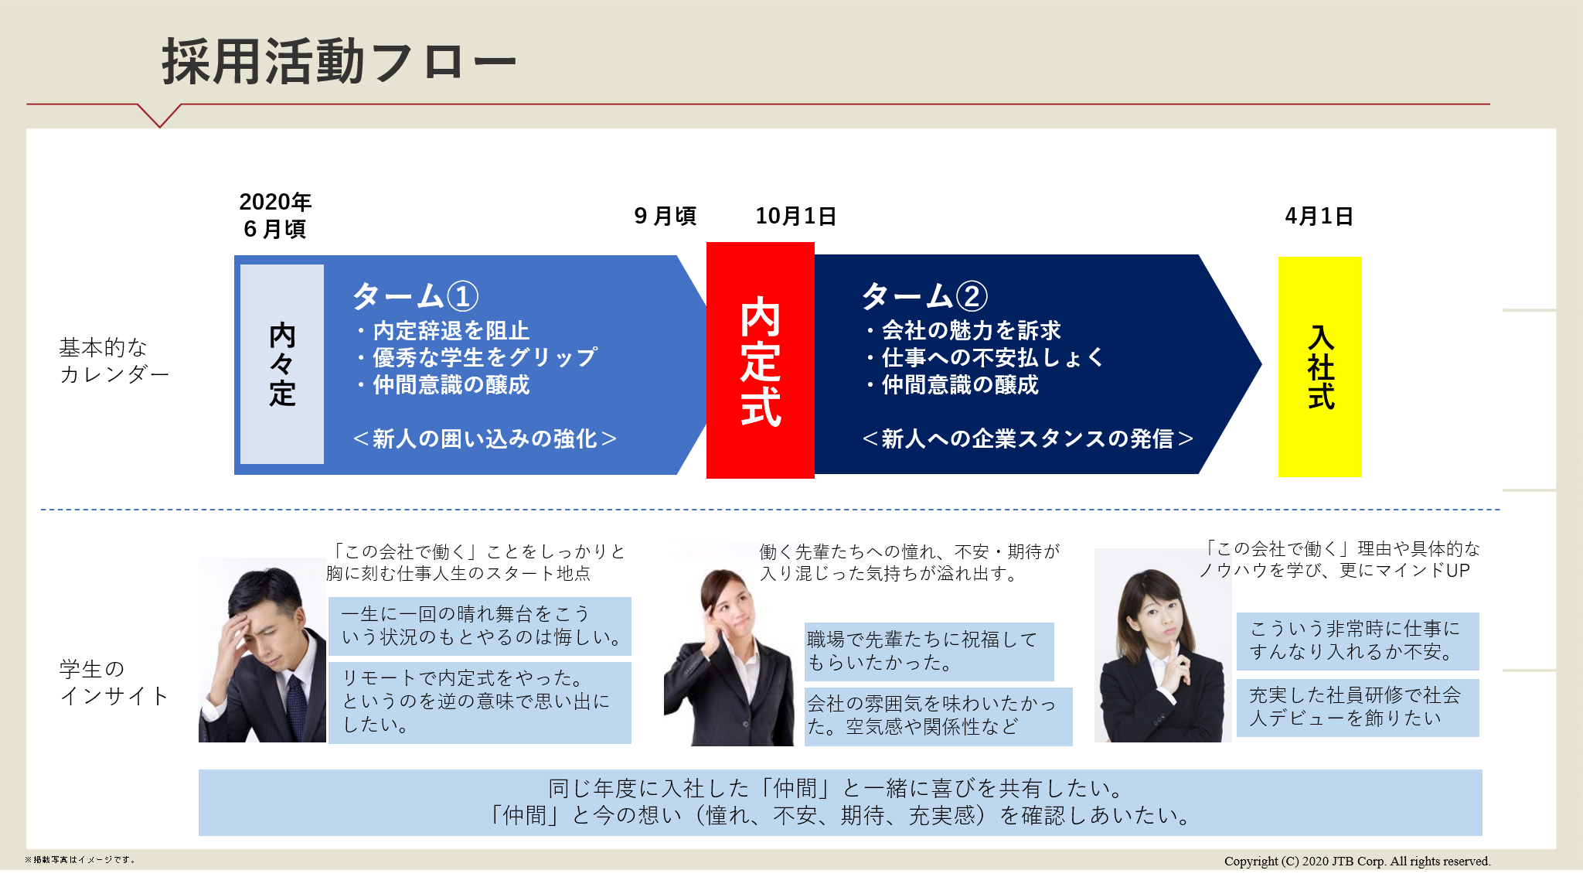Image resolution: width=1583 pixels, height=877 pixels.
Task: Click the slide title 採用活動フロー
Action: [x=339, y=62]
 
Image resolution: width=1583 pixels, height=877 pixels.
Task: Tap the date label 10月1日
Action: [x=795, y=217]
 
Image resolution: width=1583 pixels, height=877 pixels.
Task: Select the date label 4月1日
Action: [x=1319, y=217]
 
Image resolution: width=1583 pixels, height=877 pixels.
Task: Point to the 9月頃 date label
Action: [x=665, y=217]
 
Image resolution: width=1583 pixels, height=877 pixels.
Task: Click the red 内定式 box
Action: [x=761, y=360]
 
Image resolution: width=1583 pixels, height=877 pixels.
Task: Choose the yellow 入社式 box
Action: [x=1320, y=367]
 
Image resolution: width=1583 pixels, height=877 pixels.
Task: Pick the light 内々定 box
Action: [x=282, y=364]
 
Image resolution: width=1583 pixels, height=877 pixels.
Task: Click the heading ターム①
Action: [x=416, y=296]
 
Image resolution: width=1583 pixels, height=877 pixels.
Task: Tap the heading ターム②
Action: [x=924, y=296]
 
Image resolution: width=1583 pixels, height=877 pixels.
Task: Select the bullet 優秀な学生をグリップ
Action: [x=477, y=357]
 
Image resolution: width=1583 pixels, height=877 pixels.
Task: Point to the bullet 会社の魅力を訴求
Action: [x=963, y=330]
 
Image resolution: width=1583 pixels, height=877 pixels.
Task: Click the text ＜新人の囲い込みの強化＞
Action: [x=485, y=439]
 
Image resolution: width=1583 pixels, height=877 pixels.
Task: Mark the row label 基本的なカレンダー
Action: [x=114, y=360]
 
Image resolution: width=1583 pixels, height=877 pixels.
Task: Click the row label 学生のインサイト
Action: [x=114, y=682]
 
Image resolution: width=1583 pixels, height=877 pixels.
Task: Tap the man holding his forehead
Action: [x=262, y=650]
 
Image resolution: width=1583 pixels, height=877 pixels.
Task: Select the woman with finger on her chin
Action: [x=1163, y=646]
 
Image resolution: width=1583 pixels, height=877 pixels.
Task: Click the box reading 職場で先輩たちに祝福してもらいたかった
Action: [x=929, y=651]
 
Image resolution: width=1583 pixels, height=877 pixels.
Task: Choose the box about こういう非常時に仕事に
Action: [x=1358, y=641]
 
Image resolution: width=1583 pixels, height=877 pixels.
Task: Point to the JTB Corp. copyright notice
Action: [x=1357, y=861]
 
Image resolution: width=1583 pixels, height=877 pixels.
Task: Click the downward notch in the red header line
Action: [x=160, y=126]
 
